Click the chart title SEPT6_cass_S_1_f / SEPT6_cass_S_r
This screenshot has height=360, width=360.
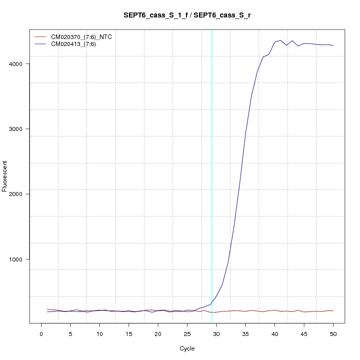coord(187,15)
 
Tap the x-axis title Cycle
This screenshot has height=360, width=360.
coord(187,348)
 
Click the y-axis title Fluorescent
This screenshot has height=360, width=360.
coord(5,176)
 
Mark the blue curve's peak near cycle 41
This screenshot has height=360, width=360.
coord(280,40)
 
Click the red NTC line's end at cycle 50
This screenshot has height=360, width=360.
coord(333,310)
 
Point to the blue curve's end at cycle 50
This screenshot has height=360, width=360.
coord(333,45)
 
